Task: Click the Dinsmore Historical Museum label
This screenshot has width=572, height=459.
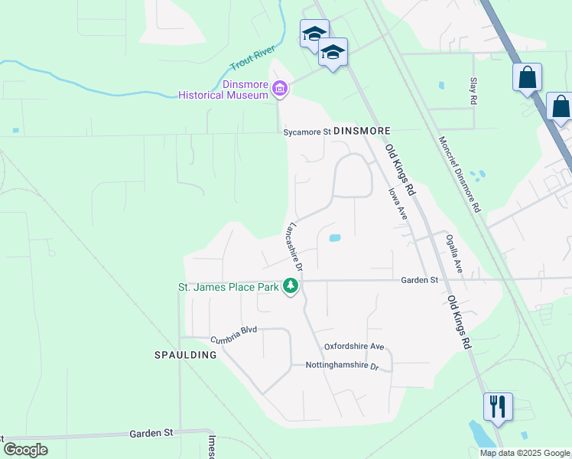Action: (x=223, y=90)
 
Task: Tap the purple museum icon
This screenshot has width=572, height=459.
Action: (x=280, y=90)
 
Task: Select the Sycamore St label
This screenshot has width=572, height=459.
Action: (x=307, y=132)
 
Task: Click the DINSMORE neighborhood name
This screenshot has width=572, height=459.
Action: (x=362, y=132)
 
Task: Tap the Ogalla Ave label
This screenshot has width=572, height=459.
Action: (x=454, y=253)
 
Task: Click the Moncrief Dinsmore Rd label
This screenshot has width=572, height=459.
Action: (x=460, y=174)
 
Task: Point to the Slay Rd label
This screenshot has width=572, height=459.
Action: (x=473, y=90)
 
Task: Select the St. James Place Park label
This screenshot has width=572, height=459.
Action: (x=228, y=287)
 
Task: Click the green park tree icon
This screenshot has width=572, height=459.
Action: (x=291, y=286)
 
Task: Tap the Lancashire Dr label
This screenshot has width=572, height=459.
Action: (x=294, y=246)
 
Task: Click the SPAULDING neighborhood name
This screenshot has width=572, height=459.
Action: (x=186, y=355)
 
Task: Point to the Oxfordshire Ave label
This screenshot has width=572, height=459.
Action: (x=353, y=346)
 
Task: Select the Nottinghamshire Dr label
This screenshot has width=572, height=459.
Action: (x=342, y=366)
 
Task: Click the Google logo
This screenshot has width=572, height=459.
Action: (x=25, y=450)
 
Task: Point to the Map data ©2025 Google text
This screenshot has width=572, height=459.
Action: (x=525, y=453)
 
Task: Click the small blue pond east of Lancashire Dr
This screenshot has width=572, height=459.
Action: (x=334, y=238)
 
